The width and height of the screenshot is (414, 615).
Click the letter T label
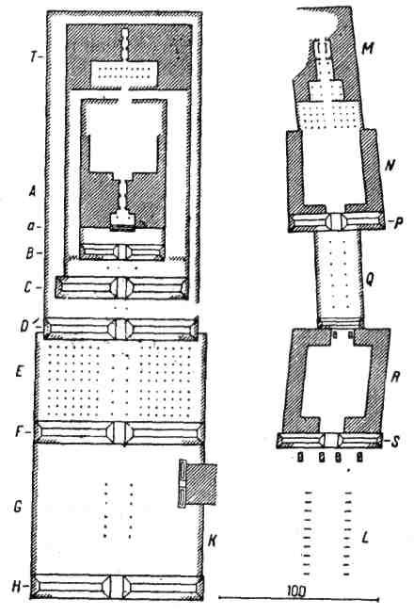33,57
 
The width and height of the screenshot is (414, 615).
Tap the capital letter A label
33,191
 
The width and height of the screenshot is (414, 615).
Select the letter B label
30,252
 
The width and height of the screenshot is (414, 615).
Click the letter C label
28,287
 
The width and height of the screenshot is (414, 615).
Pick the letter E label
20,371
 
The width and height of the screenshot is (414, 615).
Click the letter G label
17,507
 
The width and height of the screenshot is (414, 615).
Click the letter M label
367,48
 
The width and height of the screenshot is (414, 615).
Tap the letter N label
389,166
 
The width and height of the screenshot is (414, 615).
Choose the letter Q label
370,279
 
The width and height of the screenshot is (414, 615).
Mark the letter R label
395,378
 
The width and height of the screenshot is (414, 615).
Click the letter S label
395,442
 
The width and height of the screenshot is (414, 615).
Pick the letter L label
365,537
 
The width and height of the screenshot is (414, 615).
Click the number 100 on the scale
296,590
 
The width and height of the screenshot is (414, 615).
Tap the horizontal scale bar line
298,599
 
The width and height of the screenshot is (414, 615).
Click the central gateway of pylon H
117,587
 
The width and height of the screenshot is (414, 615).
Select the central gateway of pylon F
119,432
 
